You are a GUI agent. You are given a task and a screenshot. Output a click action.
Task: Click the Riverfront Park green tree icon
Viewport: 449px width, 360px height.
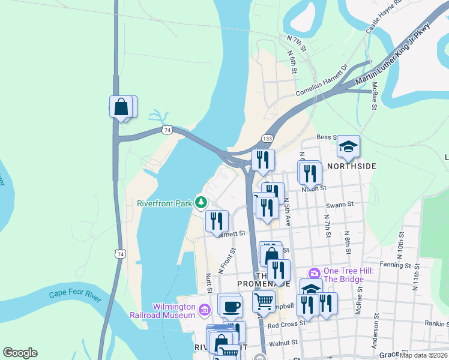[x=203, y=203]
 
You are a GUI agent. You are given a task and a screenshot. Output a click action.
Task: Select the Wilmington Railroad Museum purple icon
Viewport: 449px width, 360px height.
[x=204, y=310]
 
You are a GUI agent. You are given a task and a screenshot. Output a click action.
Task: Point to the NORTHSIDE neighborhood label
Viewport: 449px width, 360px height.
[x=351, y=166]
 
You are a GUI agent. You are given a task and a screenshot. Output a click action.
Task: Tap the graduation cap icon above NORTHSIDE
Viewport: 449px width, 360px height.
[x=348, y=146]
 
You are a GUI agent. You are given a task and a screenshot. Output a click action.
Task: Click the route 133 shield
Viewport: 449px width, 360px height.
[x=268, y=139]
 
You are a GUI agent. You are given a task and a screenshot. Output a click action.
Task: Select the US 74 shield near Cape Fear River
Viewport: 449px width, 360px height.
[x=121, y=254]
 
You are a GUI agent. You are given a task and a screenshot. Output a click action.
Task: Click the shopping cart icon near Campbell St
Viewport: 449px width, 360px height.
[x=264, y=301]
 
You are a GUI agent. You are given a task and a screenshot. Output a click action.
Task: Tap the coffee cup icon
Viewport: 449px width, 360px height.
[x=230, y=306]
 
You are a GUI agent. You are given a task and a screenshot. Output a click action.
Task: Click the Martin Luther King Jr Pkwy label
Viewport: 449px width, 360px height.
[x=393, y=54]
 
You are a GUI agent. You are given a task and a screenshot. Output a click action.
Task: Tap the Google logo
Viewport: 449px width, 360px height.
[x=20, y=353]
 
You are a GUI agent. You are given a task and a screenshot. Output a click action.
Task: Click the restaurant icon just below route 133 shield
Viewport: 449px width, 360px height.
[x=262, y=159]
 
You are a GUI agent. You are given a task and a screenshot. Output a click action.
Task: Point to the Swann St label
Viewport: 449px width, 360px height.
[x=339, y=205]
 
